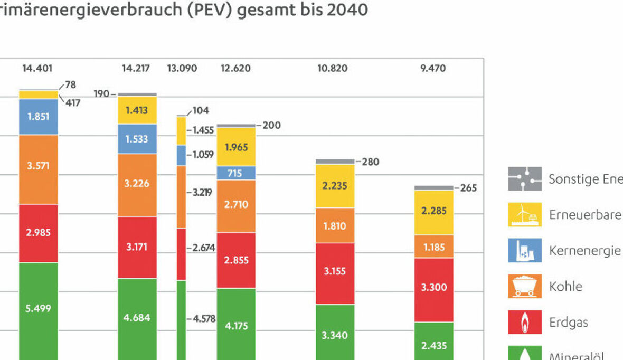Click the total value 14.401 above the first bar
(37, 68)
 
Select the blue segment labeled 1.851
(39, 117)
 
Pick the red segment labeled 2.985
(39, 233)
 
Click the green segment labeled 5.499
(39, 309)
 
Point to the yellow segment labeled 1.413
(137, 111)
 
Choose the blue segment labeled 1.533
(137, 139)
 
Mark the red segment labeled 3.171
(137, 247)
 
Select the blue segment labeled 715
(235, 173)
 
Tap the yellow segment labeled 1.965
(235, 147)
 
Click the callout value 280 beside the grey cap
(371, 162)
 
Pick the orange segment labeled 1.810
(335, 226)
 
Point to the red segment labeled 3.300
(433, 288)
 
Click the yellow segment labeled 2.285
(433, 211)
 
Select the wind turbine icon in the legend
(524, 215)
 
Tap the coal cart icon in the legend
(524, 287)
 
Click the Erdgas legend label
(568, 322)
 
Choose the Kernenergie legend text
(584, 250)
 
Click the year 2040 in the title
(348, 10)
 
